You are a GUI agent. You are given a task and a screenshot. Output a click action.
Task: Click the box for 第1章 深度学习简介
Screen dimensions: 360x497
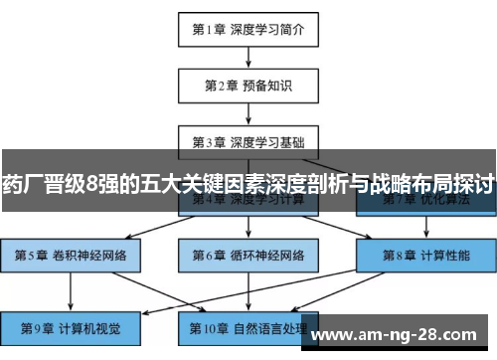coord(248,30)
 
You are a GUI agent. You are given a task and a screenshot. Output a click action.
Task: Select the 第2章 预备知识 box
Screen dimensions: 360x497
coord(248,86)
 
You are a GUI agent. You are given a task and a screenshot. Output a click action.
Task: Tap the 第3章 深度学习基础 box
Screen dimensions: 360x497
coord(248,140)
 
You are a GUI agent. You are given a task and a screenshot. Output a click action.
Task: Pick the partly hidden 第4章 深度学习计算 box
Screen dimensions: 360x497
coord(248,202)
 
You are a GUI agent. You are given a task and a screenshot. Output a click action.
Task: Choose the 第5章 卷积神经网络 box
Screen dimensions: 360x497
coord(70,255)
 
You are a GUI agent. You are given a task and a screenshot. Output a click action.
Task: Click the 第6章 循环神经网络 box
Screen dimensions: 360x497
coord(248,255)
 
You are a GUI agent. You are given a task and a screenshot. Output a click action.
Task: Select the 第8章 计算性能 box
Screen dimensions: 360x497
coord(426,255)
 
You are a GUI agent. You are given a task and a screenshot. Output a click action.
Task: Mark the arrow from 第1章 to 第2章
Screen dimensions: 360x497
coord(248,58)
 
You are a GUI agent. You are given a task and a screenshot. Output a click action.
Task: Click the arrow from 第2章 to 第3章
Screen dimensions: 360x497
coord(248,112)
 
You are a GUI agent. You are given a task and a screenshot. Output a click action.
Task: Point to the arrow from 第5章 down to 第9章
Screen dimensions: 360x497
coord(70,289)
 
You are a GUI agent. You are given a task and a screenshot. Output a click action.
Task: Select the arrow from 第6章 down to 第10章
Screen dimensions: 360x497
coord(248,289)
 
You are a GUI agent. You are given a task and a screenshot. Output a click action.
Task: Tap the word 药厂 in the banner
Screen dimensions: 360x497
coord(19,183)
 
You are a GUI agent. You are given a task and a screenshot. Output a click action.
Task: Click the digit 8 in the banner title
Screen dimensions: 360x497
coord(91,183)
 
